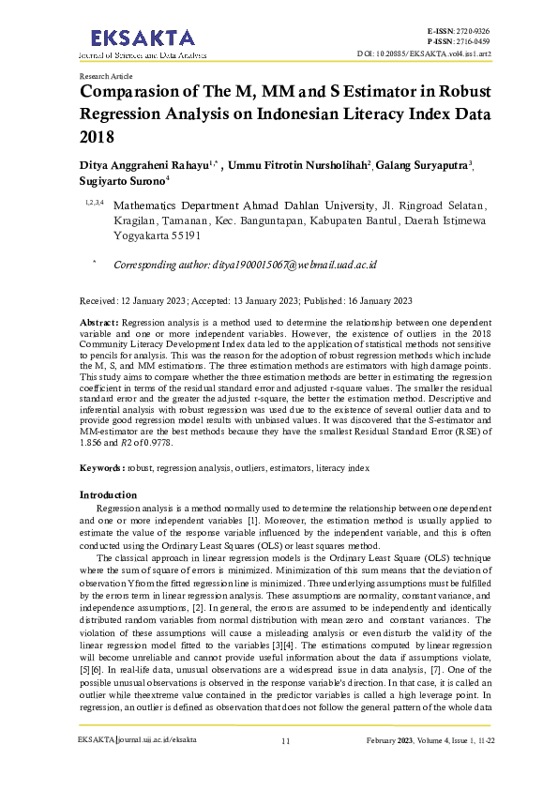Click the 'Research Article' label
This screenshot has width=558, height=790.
point(106,75)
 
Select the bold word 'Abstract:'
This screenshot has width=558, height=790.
point(98,322)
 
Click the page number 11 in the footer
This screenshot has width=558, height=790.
point(285,767)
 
